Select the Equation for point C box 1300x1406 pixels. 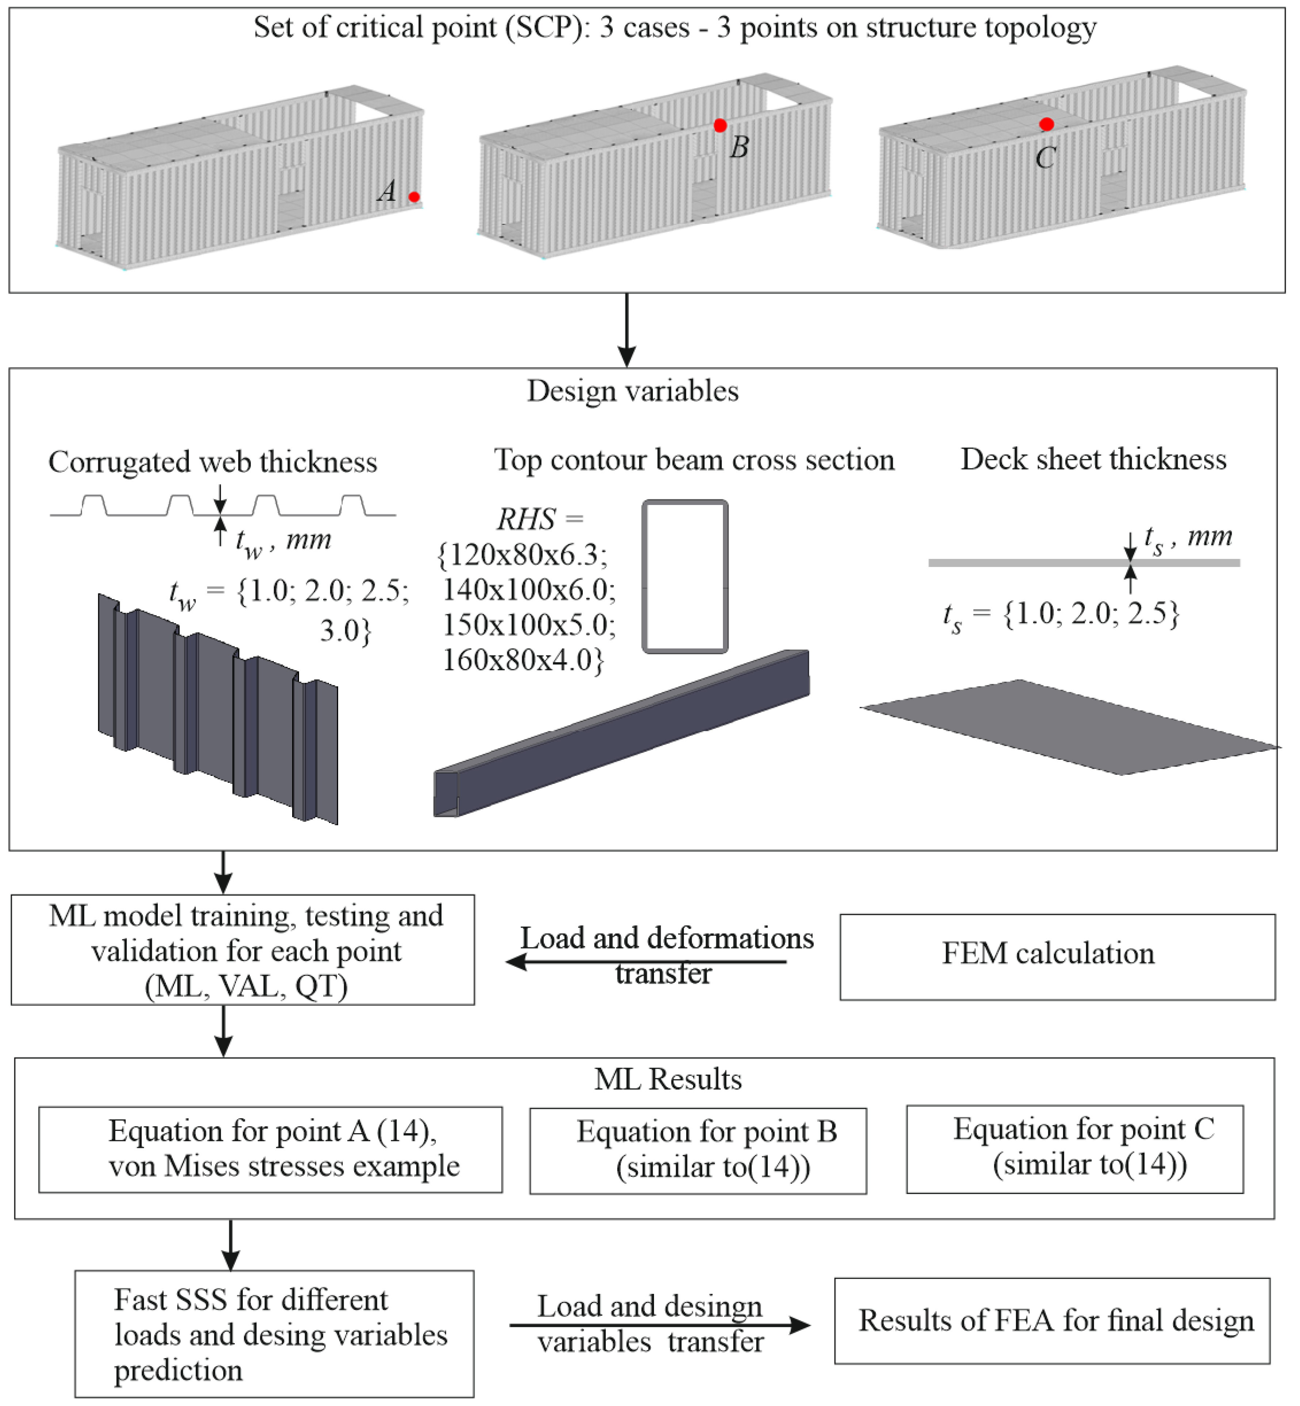point(1074,1149)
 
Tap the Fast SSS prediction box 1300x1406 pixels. point(274,1334)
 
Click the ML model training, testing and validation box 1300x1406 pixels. point(243,950)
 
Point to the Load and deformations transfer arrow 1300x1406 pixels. point(646,961)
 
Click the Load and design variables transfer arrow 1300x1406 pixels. point(659,1325)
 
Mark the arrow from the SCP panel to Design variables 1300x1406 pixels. point(626,330)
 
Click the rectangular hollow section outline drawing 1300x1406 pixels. point(684,577)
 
